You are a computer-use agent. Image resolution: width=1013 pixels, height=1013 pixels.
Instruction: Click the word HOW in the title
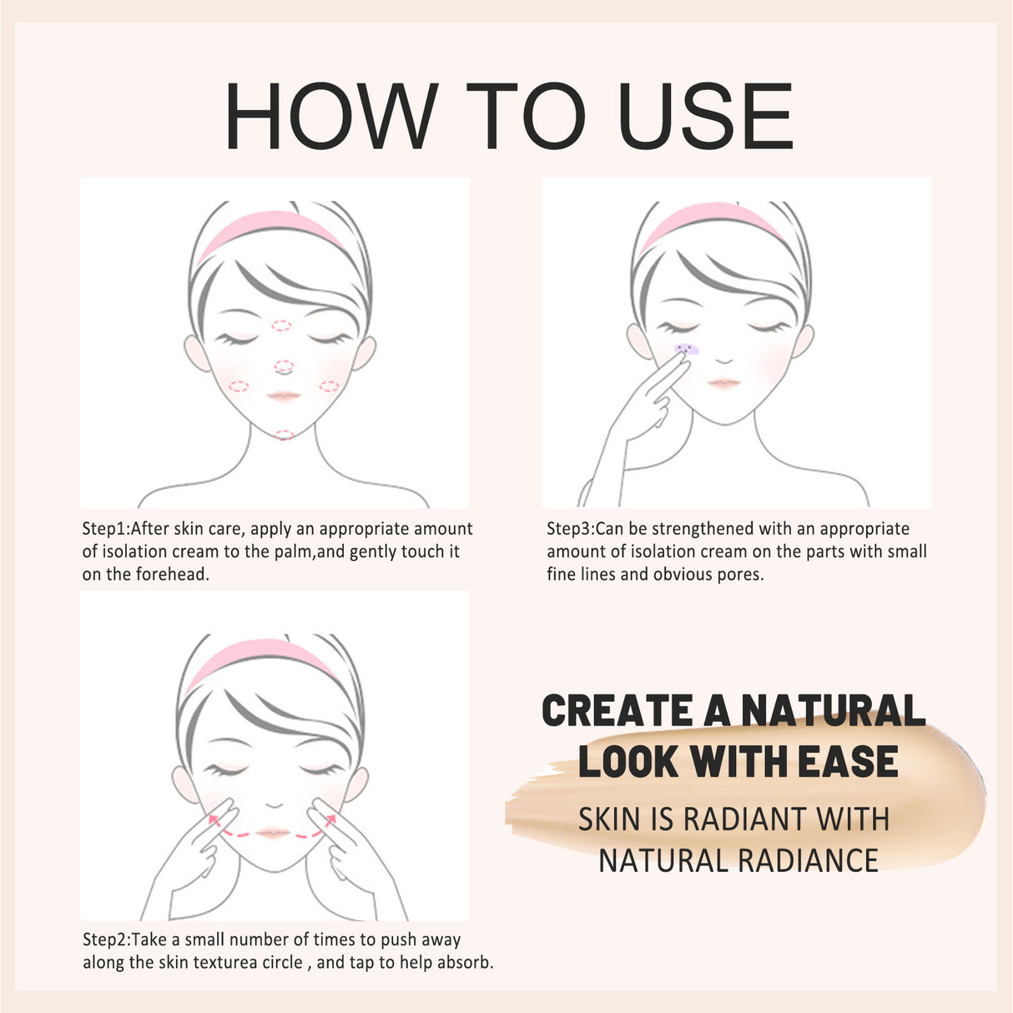tap(330, 116)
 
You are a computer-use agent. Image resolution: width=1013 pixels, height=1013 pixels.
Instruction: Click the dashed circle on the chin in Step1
tap(284, 435)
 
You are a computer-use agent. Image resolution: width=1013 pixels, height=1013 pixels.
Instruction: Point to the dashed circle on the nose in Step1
tap(284, 366)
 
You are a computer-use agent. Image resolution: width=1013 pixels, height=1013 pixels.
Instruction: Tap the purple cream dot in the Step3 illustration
tap(686, 349)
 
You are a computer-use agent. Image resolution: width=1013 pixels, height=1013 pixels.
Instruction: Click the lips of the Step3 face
tap(723, 383)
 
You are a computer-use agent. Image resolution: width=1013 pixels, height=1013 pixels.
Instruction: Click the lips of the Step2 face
tap(272, 833)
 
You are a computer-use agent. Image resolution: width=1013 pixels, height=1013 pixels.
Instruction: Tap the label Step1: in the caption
tap(106, 529)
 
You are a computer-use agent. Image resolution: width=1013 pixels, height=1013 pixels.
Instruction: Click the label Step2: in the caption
tap(107, 940)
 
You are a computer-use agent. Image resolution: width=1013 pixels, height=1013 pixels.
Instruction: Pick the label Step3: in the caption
tap(571, 529)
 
